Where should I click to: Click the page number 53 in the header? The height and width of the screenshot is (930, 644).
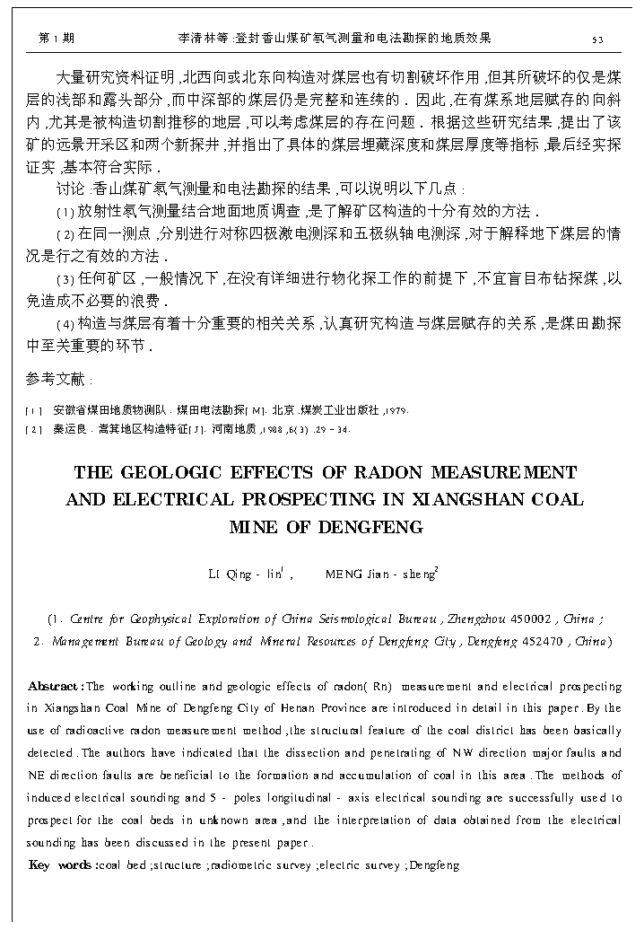coord(597,39)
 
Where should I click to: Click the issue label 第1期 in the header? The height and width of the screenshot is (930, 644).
coord(57,39)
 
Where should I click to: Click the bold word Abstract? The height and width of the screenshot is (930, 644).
coord(56,687)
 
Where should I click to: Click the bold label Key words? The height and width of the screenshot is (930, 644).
coord(62,865)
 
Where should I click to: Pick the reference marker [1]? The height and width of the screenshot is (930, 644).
coord(33,410)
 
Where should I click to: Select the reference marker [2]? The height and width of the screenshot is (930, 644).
coord(33,430)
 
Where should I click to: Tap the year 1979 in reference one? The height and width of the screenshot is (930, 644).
coord(396,410)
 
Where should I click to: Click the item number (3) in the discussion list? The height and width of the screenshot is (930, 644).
coord(65,279)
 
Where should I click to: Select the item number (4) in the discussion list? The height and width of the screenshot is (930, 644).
coord(65,323)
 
